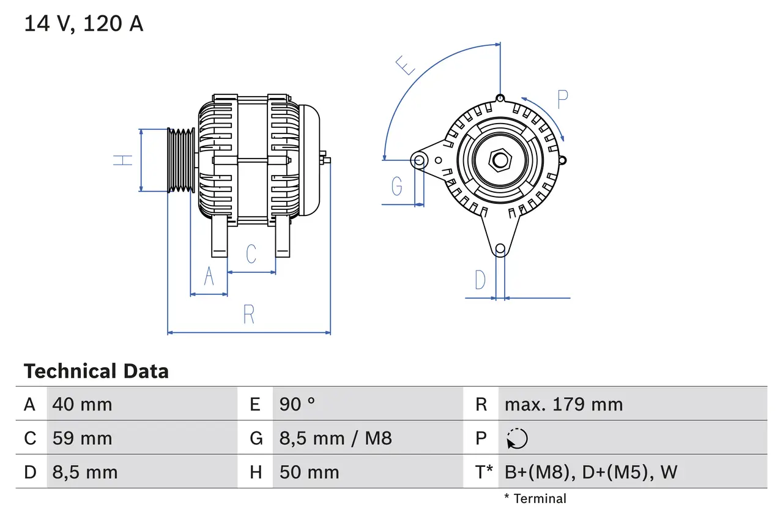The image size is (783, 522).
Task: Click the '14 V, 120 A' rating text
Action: tap(83, 23)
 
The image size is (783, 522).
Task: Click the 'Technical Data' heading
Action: tap(96, 371)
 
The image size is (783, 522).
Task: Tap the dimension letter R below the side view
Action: tap(248, 314)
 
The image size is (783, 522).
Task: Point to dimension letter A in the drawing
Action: tap(209, 277)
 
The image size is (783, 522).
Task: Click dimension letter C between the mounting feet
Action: tap(251, 253)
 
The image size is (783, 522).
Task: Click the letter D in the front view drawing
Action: tap(480, 280)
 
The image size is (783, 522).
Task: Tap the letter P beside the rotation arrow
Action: tap(563, 99)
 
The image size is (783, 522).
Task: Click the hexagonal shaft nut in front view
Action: tap(500, 160)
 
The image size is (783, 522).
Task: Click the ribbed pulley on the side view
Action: tap(181, 160)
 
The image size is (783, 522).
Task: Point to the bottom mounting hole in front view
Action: tap(500, 248)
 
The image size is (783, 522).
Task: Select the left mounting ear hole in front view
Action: tap(419, 161)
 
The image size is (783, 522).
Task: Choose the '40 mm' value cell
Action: tap(83, 405)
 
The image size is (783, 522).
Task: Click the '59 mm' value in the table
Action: tap(83, 438)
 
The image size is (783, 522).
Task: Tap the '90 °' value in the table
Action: tap(297, 405)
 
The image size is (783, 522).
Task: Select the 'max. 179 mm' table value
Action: tap(563, 405)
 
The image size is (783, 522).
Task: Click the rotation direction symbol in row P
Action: tap(517, 439)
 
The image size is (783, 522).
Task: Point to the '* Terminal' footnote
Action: tap(535, 499)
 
